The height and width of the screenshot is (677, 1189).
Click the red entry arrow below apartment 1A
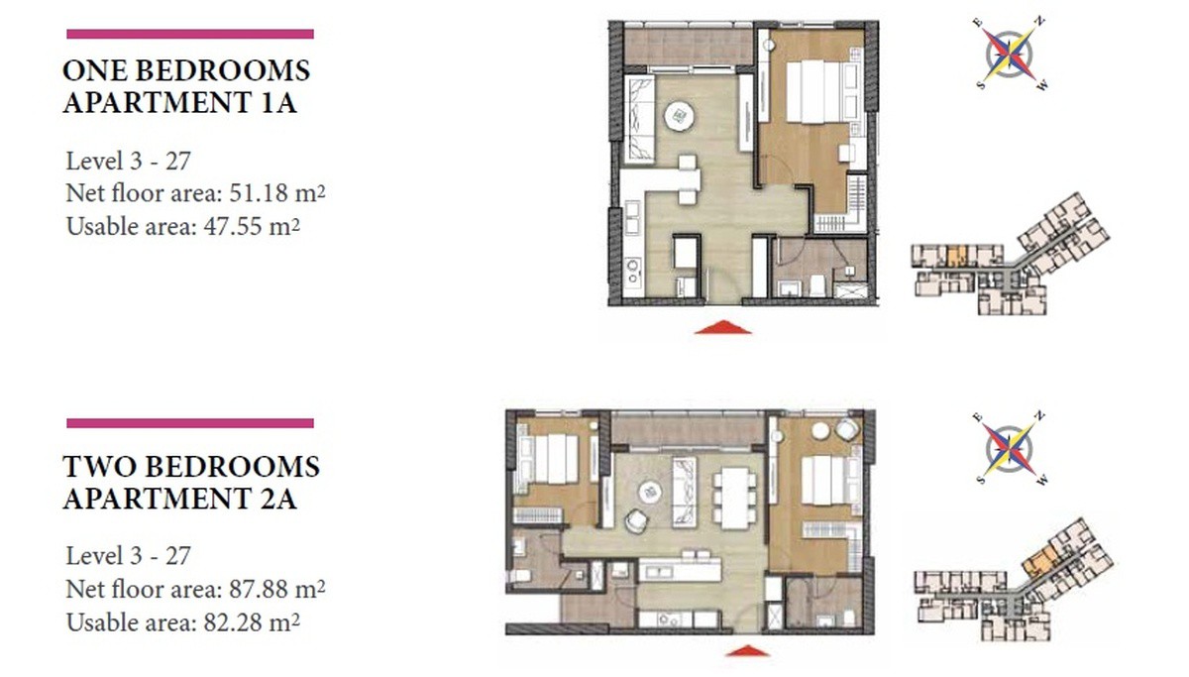[722, 328]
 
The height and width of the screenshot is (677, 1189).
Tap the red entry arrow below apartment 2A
[747, 650]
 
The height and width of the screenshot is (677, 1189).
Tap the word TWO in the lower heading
[99, 467]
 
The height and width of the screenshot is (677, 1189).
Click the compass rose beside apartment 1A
[1010, 55]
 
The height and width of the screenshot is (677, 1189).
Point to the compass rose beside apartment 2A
[1010, 450]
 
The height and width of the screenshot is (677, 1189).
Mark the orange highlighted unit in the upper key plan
[956, 257]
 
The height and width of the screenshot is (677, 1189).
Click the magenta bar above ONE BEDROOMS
[190, 34]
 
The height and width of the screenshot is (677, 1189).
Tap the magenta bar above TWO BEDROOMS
[190, 423]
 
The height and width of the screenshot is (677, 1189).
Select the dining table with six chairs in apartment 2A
[734, 498]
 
